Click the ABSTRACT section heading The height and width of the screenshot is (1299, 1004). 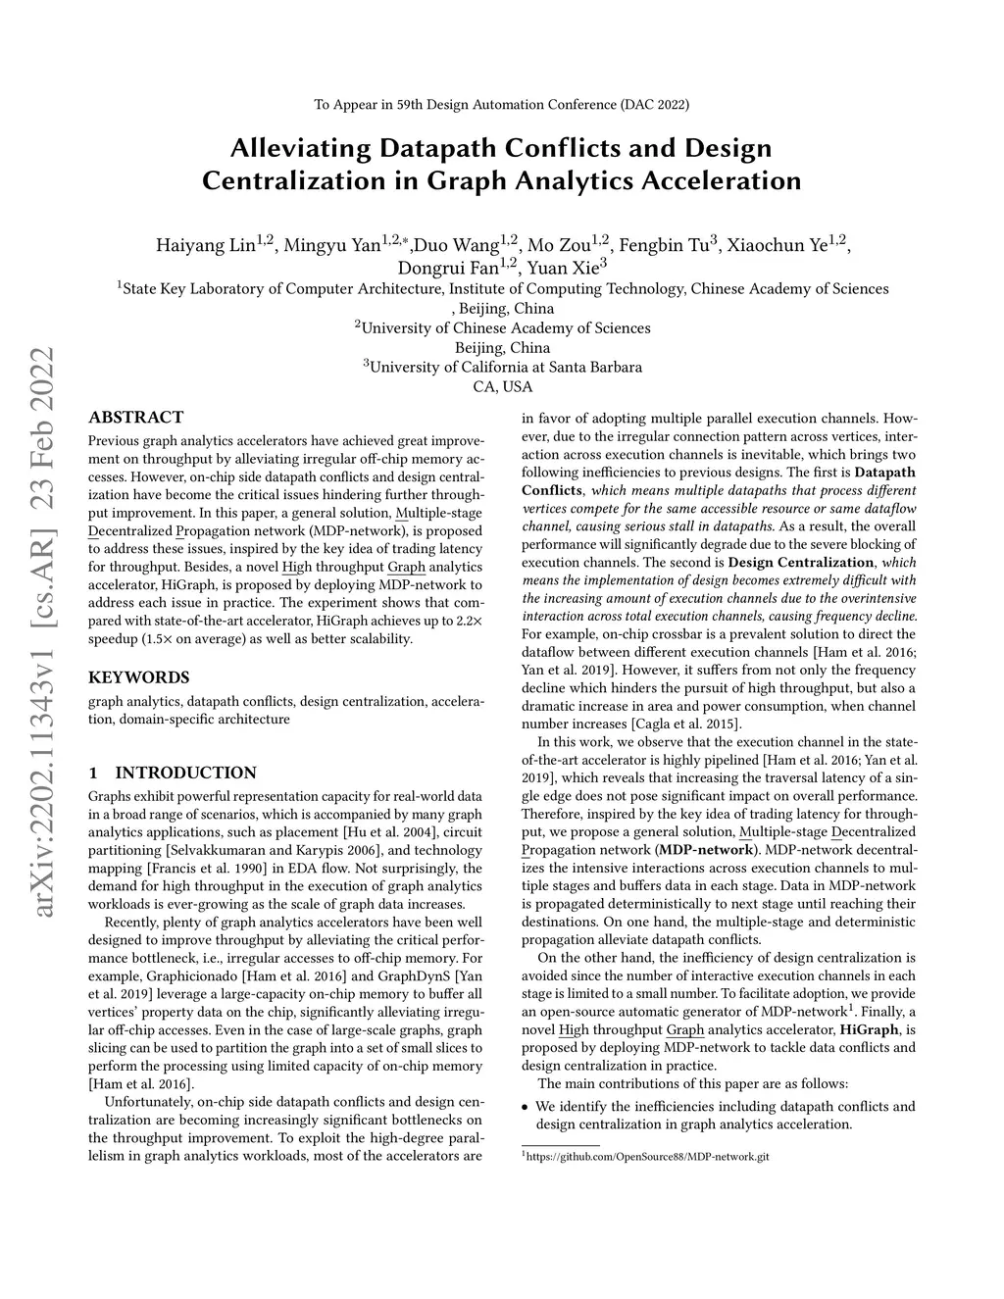click(x=135, y=418)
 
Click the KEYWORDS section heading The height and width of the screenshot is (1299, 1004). click(x=138, y=677)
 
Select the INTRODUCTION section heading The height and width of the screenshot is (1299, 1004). click(x=185, y=773)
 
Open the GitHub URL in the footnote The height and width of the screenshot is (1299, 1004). click(x=648, y=1157)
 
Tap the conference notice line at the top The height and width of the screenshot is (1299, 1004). click(x=501, y=104)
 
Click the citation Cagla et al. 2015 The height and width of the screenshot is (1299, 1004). click(x=672, y=724)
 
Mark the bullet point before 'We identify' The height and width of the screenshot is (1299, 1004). click(x=525, y=1107)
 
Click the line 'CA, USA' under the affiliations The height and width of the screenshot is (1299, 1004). click(x=502, y=387)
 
